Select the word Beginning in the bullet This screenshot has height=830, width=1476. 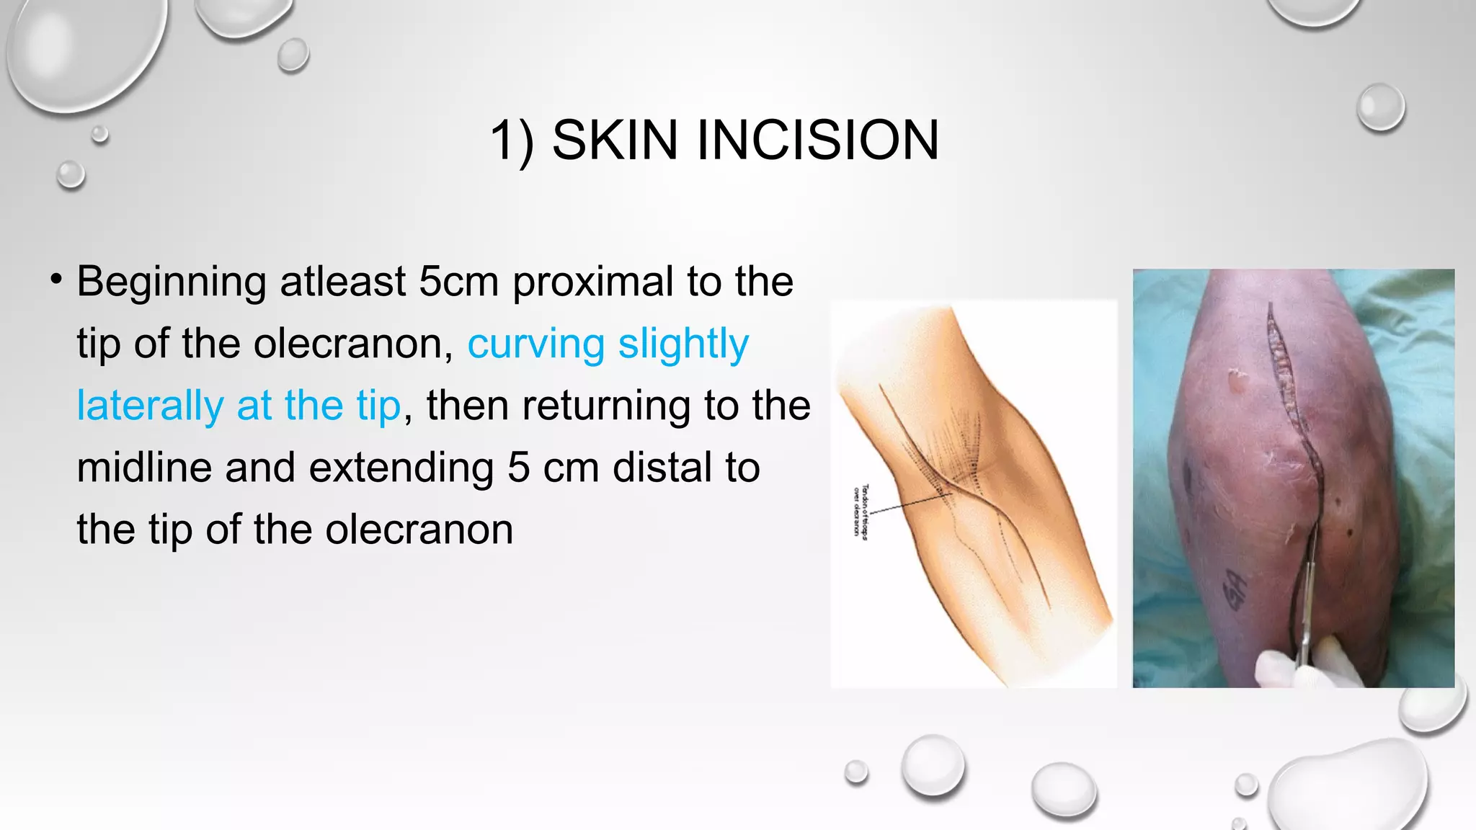pos(172,282)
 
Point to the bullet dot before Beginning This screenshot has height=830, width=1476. pos(56,280)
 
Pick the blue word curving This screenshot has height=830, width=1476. pos(535,344)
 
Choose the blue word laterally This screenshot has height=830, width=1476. pos(150,406)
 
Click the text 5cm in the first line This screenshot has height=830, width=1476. pos(458,282)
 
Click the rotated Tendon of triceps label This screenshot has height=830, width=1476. pos(861,509)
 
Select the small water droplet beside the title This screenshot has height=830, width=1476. pos(1380,107)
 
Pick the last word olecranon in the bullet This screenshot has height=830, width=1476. pos(419,530)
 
